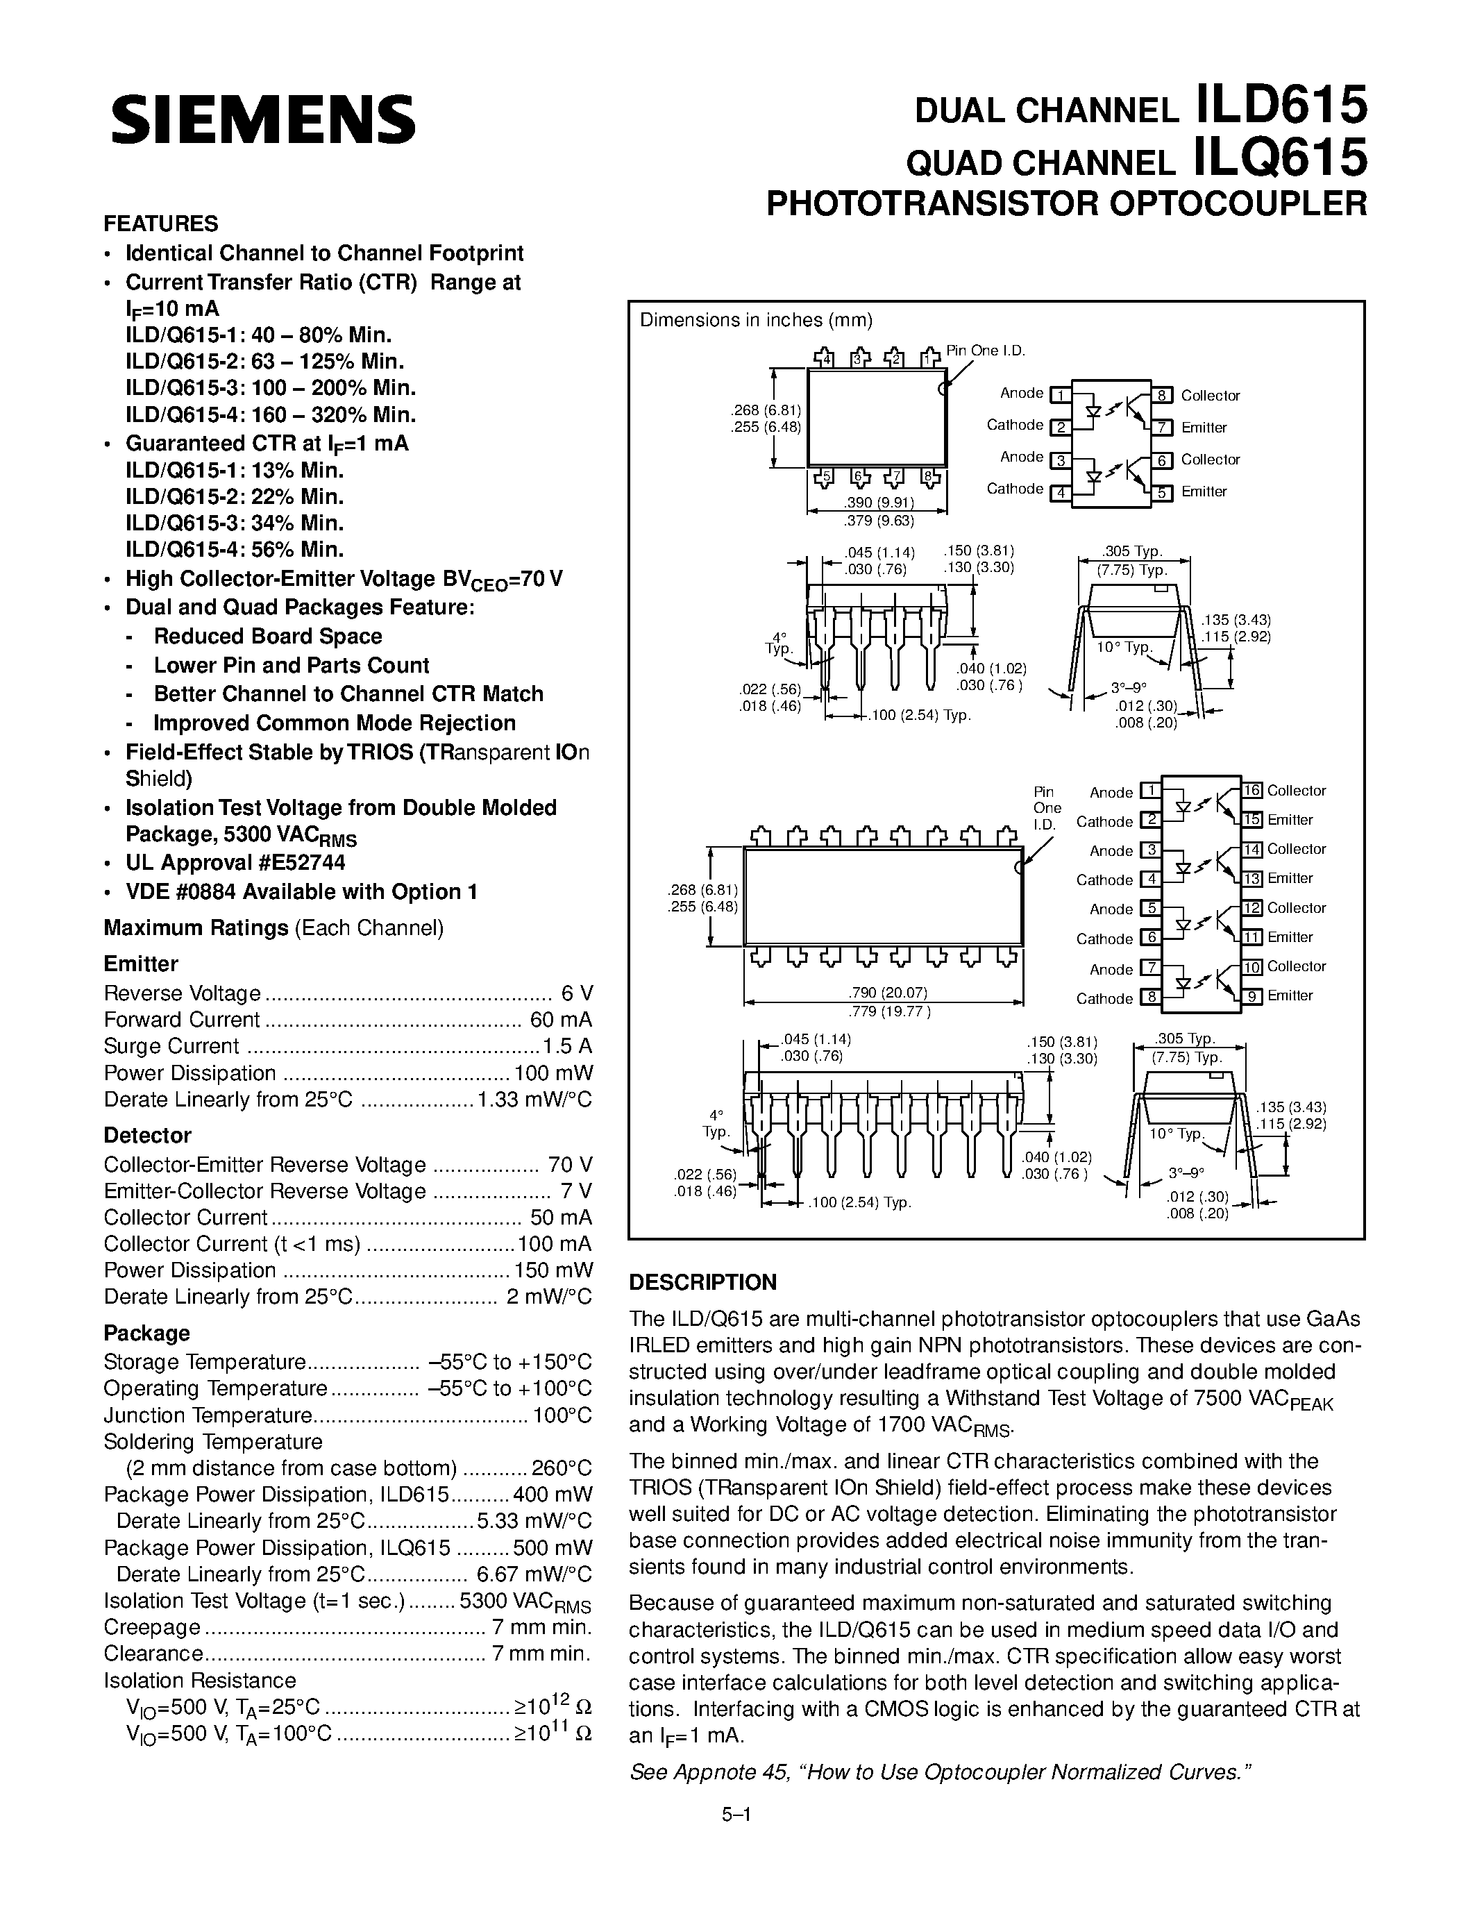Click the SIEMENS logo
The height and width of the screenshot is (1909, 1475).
(x=263, y=120)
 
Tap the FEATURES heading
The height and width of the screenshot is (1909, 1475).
(x=161, y=224)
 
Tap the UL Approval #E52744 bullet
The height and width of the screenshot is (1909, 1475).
(x=235, y=863)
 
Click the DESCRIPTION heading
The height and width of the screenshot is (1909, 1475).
(x=702, y=1282)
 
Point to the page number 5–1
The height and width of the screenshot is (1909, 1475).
(x=736, y=1815)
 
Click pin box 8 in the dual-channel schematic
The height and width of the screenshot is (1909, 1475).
(x=1161, y=395)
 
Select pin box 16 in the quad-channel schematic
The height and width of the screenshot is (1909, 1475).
(x=1252, y=790)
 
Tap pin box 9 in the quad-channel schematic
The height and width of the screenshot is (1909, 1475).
(x=1252, y=995)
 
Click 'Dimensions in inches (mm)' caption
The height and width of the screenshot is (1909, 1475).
(x=756, y=320)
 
